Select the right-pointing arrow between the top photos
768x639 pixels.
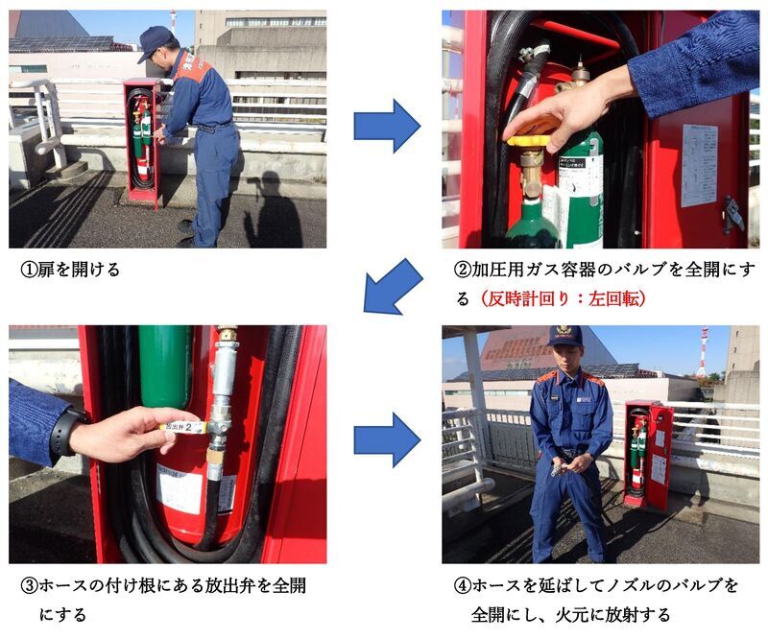[386, 126]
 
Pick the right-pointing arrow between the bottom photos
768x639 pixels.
[386, 440]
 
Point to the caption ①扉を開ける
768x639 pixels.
[71, 270]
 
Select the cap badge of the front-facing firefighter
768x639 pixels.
[564, 332]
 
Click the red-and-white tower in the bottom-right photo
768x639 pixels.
[703, 352]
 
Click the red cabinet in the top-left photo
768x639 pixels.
[141, 141]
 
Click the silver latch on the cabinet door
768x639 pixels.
[732, 213]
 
